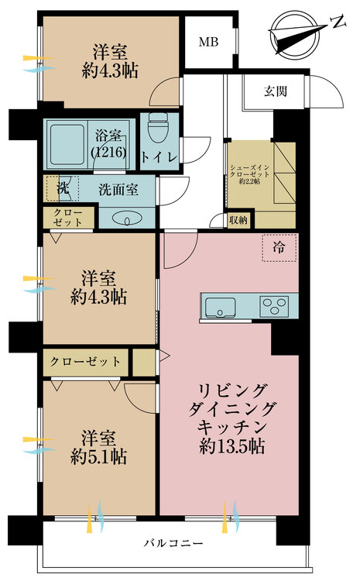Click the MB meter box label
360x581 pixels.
(208, 42)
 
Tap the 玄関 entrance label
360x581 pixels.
(276, 91)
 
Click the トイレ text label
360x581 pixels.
(159, 157)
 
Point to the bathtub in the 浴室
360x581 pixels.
(67, 144)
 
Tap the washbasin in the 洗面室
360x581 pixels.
(126, 219)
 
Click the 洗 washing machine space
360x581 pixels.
(63, 188)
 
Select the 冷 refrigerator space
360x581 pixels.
(279, 248)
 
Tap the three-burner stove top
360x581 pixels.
(274, 307)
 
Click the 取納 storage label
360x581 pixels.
(238, 220)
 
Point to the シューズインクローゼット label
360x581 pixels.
(249, 174)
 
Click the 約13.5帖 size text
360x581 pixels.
(231, 447)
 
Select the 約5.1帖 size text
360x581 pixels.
(98, 456)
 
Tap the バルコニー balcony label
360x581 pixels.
(173, 543)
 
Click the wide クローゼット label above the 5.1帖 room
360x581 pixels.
(85, 361)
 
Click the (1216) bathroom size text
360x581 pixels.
(109, 152)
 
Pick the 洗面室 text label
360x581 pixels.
(118, 190)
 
